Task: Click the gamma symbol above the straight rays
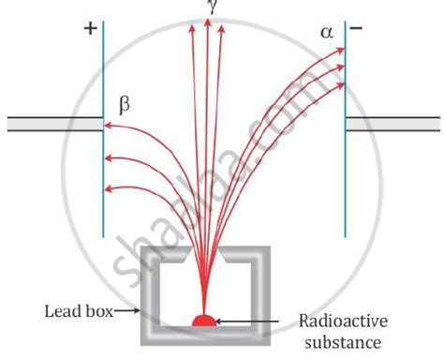point(212,7)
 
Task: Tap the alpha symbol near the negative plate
point(327,33)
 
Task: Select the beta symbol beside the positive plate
point(125,106)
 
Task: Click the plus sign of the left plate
point(91,29)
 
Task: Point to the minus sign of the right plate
point(356,28)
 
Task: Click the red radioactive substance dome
point(204,321)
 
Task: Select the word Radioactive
point(344,321)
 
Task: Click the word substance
point(343,342)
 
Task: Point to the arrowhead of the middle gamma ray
point(207,22)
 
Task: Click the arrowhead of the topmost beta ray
point(108,126)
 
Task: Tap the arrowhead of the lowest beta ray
point(108,188)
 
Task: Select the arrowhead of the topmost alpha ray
point(340,50)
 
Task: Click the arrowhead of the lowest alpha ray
point(340,85)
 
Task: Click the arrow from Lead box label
point(126,310)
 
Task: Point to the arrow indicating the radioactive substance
point(247,321)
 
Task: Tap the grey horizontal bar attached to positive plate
point(55,124)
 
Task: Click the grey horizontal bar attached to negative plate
point(392,124)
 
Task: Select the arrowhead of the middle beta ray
point(109,158)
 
